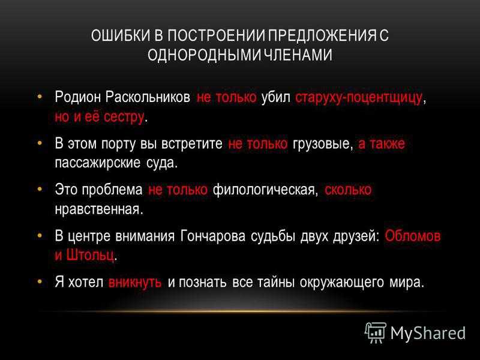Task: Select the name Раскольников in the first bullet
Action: point(148,97)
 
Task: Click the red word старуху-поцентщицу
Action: point(358,98)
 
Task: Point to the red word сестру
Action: point(124,117)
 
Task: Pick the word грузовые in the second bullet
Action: point(321,144)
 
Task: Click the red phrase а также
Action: point(382,143)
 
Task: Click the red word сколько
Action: point(348,190)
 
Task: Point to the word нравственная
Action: point(99,209)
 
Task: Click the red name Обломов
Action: point(413,236)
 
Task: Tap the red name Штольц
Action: point(91,254)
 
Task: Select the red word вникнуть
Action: point(135,282)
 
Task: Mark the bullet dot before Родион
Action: point(39,97)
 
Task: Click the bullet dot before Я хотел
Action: point(39,281)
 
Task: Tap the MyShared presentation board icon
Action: point(375,333)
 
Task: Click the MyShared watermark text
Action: point(428,333)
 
